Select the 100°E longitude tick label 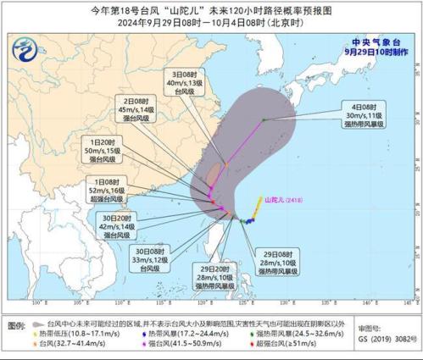coord(37,302)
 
